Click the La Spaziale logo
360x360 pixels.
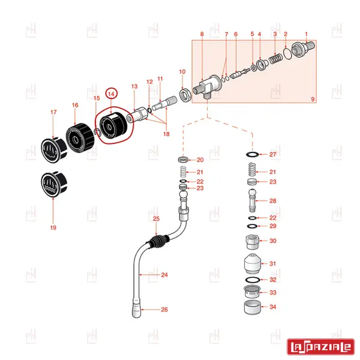coord(321,346)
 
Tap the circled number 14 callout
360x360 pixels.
coord(112,94)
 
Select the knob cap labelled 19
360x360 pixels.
coord(54,184)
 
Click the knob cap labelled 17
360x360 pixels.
coord(54,150)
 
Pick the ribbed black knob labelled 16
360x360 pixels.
coord(80,137)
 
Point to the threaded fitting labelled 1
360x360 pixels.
coord(303,49)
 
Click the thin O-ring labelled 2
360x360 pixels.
coord(287,53)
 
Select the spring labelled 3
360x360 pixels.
coord(275,59)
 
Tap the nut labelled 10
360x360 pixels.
coord(185,95)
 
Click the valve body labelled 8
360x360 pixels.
coord(208,87)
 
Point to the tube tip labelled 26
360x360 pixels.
coord(137,308)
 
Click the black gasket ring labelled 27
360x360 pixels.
coord(253,154)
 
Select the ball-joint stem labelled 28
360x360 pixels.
coord(253,200)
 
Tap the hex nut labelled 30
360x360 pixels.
coord(253,242)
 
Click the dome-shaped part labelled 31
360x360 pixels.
coord(253,263)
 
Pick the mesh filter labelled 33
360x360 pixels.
coord(252,292)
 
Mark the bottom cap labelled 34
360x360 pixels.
coord(253,307)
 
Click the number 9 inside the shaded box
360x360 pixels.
coord(313,99)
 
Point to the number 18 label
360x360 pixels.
coord(166,134)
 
